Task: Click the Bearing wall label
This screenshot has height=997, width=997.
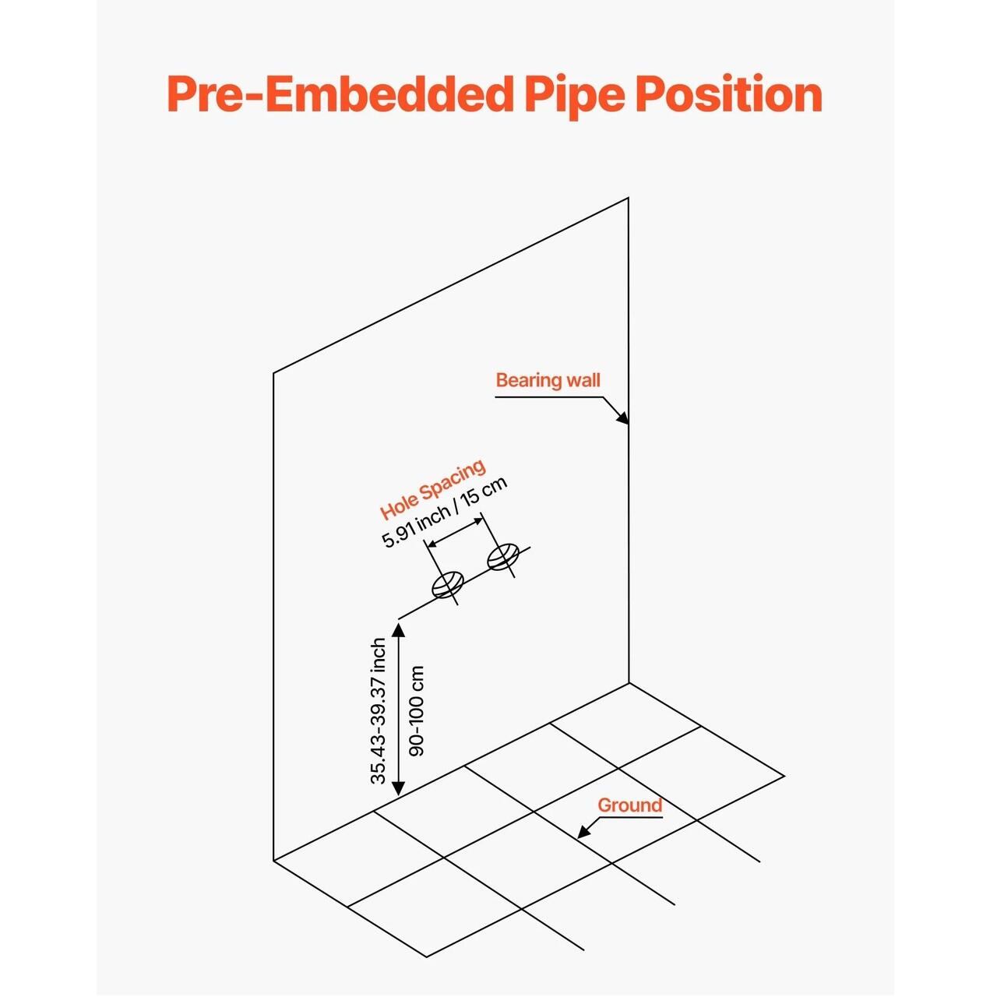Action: (x=548, y=380)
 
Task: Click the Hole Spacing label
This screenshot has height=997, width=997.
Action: (x=433, y=489)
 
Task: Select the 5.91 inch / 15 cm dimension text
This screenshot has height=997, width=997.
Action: (x=445, y=512)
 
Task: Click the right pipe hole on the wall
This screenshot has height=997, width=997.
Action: (x=503, y=557)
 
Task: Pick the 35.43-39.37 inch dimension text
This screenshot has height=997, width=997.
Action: (x=379, y=711)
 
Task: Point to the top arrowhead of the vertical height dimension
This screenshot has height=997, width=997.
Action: (x=398, y=629)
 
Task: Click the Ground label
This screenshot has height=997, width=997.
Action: (x=629, y=805)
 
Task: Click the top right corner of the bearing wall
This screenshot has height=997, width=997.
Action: (x=629, y=197)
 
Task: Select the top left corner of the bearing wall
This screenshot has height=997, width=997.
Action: (x=273, y=372)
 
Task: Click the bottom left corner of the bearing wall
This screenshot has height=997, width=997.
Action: (x=273, y=861)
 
